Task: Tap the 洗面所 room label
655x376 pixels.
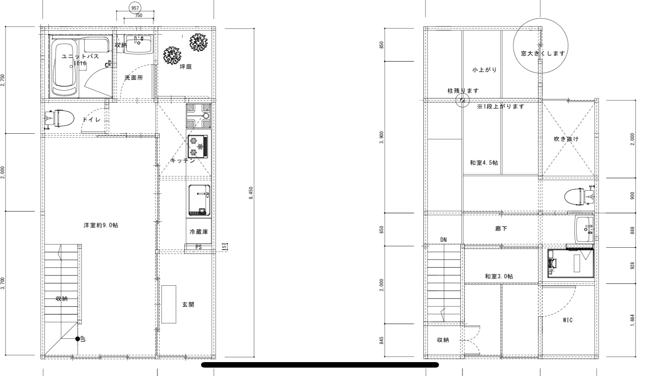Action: pyautogui.click(x=134, y=77)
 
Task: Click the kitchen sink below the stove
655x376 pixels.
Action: pyautogui.click(x=199, y=200)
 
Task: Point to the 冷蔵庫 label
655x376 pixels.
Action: pyautogui.click(x=198, y=232)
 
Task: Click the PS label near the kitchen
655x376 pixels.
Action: pyautogui.click(x=198, y=247)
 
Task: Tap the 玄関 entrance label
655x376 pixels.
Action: pyautogui.click(x=188, y=304)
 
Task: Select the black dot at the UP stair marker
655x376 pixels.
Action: pyautogui.click(x=77, y=339)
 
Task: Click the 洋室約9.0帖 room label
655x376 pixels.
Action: pyautogui.click(x=101, y=225)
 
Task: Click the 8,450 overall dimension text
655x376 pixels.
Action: pyautogui.click(x=251, y=193)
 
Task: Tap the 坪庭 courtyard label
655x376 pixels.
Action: pyautogui.click(x=186, y=67)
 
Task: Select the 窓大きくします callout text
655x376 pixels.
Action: pyautogui.click(x=543, y=53)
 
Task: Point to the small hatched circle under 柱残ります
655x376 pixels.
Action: pyautogui.click(x=462, y=100)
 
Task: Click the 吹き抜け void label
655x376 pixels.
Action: pyautogui.click(x=566, y=139)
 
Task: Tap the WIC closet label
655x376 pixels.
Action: pyautogui.click(x=568, y=320)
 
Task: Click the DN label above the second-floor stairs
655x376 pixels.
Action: pyautogui.click(x=443, y=240)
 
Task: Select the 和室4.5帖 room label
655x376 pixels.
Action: pyautogui.click(x=484, y=163)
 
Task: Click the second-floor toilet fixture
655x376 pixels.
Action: pyautogui.click(x=579, y=195)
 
